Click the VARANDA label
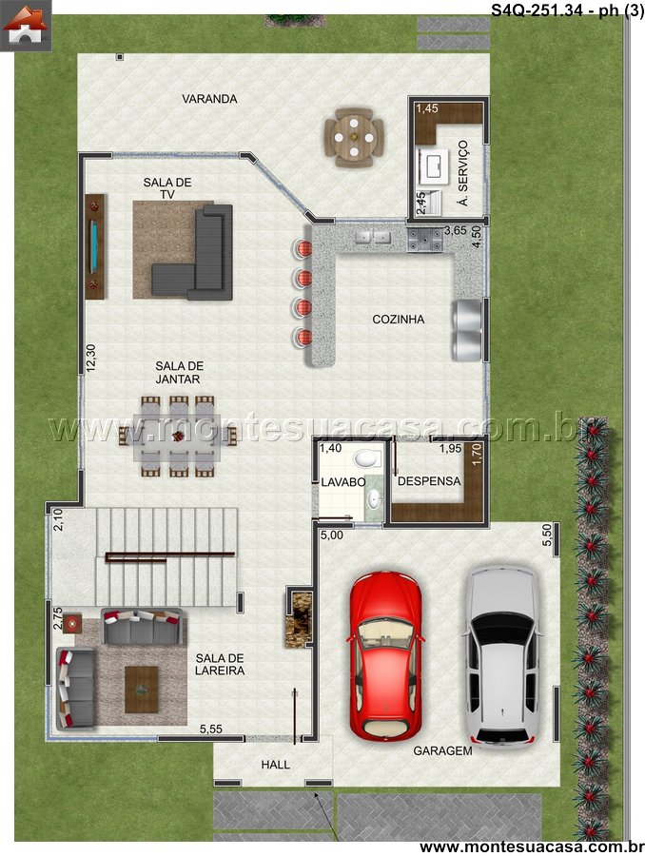tap(209, 99)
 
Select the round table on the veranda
tap(354, 138)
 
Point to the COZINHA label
tap(399, 320)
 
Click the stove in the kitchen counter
tap(424, 240)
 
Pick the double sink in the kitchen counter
tap(373, 237)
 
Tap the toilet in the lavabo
tap(366, 458)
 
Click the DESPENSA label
tap(429, 481)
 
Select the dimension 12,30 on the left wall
tap(90, 358)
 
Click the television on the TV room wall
tap(94, 246)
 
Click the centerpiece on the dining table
tap(178, 436)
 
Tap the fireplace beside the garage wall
tap(299, 618)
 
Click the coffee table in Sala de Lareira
tap(142, 690)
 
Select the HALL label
tap(275, 765)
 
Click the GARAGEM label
tap(442, 750)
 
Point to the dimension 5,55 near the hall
tap(211, 729)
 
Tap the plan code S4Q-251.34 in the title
tap(540, 10)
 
